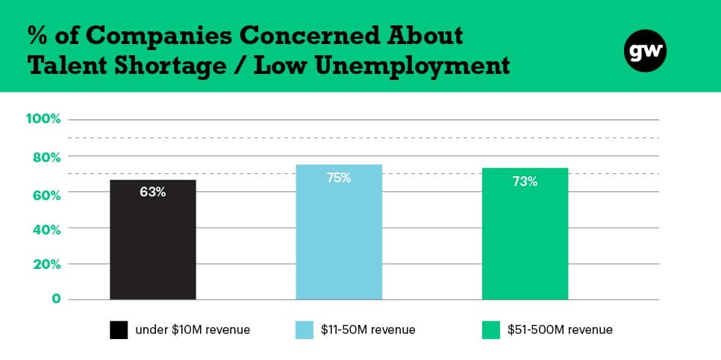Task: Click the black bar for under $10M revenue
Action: coord(153,240)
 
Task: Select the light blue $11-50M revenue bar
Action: coord(339,232)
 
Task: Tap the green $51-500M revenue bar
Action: coord(525,234)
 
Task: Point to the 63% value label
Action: coord(153,192)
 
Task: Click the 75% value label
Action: coord(339,178)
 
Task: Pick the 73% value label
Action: coord(525,181)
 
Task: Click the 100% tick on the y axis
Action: coord(43,119)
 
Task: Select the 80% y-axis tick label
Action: coord(46,158)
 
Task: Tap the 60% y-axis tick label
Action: coord(46,196)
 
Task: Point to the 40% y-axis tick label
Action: coord(46,229)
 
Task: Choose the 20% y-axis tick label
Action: coord(46,265)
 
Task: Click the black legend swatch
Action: coord(119,330)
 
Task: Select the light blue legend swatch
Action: coord(305,330)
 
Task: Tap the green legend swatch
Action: coord(490,330)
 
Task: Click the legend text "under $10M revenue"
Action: coord(193,329)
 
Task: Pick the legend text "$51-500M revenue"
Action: coord(560,329)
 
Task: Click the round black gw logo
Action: coord(645,51)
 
